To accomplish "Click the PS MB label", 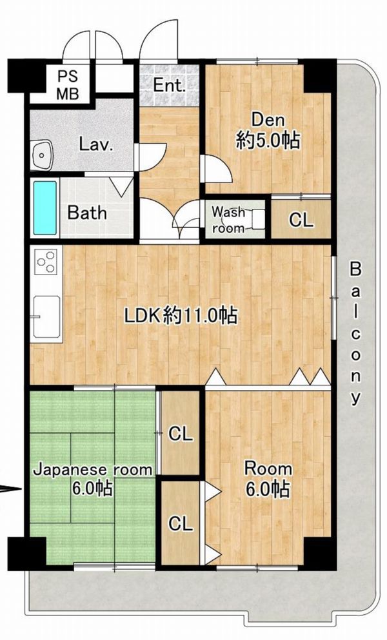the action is click(68, 85).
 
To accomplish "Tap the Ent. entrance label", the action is click(169, 85).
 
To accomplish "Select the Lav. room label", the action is click(96, 144).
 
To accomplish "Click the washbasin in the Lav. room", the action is click(41, 155).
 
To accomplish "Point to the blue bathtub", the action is click(45, 208).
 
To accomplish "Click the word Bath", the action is click(87, 213).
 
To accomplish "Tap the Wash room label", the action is click(228, 220).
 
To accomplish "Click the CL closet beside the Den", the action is click(301, 220).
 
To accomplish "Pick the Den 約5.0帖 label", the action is click(268, 131).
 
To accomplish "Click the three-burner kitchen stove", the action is click(46, 260).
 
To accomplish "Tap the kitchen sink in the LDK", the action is click(46, 316).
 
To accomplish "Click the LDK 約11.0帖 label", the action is click(181, 315).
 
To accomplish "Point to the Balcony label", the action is click(356, 333).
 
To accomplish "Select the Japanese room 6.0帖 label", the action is click(92, 479).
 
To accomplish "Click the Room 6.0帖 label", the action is click(268, 479).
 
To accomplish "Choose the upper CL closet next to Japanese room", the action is click(180, 434).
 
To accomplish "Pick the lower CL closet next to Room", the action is click(180, 523).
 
